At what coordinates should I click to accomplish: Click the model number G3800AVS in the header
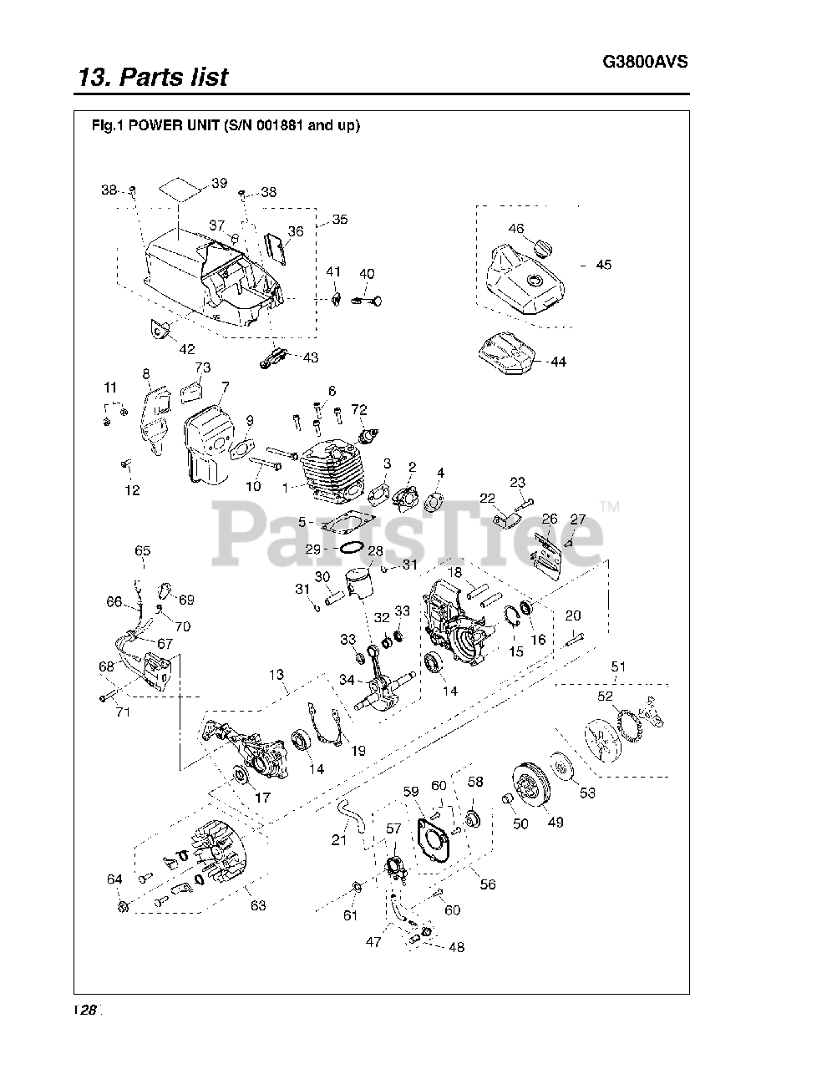[x=645, y=62]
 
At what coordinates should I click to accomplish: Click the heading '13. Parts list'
[x=153, y=78]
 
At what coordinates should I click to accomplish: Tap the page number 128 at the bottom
[x=86, y=1010]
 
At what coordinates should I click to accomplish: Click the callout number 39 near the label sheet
[x=219, y=183]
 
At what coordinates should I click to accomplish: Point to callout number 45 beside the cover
[x=603, y=265]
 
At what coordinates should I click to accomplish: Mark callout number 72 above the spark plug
[x=359, y=410]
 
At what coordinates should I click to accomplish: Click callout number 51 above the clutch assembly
[x=617, y=666]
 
